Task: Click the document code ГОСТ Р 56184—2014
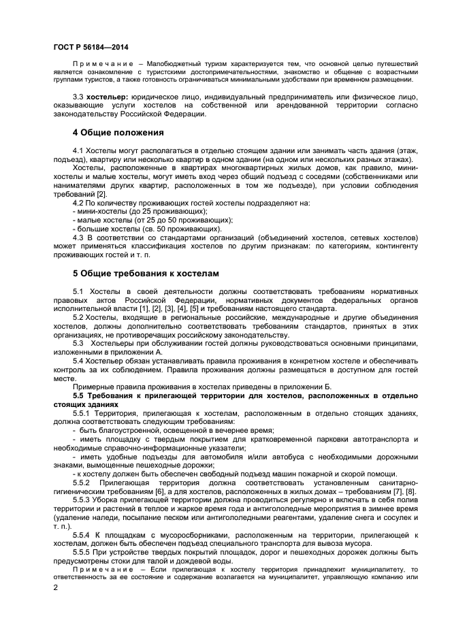click(x=90, y=47)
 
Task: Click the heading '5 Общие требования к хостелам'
click(x=146, y=273)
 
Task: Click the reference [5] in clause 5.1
click(x=202, y=308)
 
